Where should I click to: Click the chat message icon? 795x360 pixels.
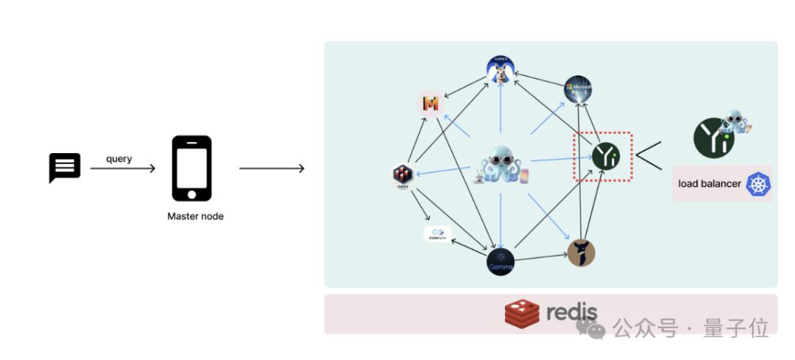[x=64, y=167]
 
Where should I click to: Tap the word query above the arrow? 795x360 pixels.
[x=119, y=158]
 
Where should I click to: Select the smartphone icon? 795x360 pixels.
[x=191, y=168]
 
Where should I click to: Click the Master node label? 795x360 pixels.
[x=195, y=216]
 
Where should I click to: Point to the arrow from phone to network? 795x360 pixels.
[x=272, y=169]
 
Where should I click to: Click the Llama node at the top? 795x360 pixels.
[x=500, y=70]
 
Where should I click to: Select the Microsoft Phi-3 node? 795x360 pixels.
[x=578, y=89]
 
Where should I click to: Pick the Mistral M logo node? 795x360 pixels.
[x=431, y=104]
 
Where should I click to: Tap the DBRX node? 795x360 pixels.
[x=403, y=175]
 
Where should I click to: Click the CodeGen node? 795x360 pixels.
[x=437, y=234]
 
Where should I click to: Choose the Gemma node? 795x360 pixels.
[x=501, y=262]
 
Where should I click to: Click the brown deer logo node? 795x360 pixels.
[x=581, y=253]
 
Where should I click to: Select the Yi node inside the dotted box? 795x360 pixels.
[x=606, y=156]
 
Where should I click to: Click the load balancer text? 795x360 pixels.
[x=710, y=183]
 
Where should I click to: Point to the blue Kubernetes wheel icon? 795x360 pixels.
[x=758, y=184]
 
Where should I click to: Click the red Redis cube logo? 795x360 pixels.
[x=522, y=314]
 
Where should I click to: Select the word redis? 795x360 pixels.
[x=572, y=312]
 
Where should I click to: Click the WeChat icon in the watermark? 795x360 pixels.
[x=591, y=329]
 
